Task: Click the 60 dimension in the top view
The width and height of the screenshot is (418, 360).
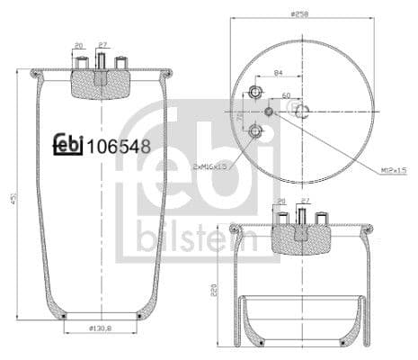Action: pos(287,94)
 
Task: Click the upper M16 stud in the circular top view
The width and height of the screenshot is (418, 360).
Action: pos(254,94)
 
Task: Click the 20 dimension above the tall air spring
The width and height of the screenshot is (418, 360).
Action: pos(79,45)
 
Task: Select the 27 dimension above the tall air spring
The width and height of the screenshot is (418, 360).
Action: pos(102,45)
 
